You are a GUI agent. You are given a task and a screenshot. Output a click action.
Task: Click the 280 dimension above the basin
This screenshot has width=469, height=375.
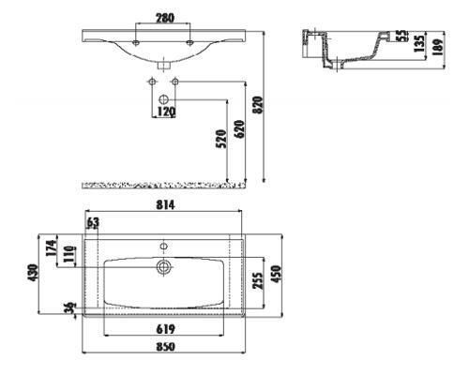pos(165,18)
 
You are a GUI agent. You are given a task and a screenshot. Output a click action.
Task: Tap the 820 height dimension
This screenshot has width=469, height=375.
pos(259,105)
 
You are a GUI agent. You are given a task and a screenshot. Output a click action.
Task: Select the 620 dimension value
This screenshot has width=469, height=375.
pos(239,129)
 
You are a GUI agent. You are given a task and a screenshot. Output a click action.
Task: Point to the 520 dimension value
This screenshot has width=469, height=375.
pos(221,139)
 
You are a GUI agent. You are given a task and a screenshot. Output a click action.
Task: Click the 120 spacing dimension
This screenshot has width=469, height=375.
pos(166,112)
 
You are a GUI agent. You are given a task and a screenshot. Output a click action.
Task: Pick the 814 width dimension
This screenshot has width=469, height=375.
pos(165,205)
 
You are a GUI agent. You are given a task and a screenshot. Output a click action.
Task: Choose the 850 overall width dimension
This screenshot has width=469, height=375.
pos(165,347)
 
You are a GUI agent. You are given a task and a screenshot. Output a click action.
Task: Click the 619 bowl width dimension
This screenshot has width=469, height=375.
pos(165,329)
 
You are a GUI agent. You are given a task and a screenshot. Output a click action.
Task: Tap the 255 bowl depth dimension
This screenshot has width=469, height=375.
pos(258,281)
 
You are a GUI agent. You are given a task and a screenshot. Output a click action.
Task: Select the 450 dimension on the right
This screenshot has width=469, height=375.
pos(276,274)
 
